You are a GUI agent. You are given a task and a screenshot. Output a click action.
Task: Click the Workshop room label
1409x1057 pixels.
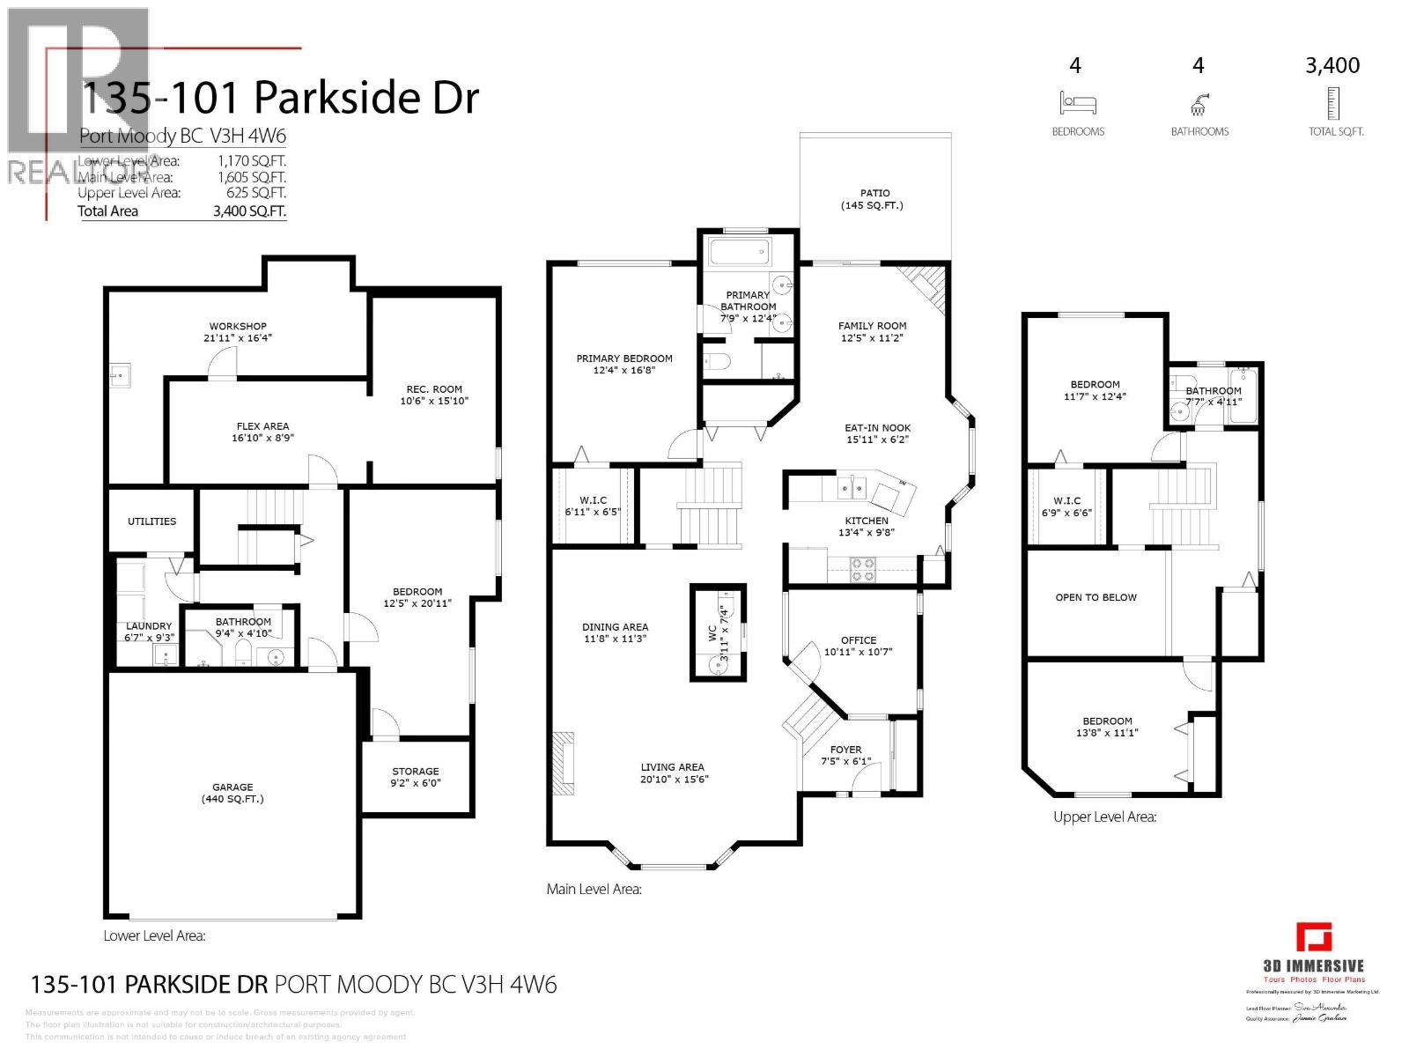[238, 327]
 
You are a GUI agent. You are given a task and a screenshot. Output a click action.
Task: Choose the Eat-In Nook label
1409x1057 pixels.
[877, 428]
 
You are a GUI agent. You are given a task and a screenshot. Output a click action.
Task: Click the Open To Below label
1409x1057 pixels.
[1095, 597]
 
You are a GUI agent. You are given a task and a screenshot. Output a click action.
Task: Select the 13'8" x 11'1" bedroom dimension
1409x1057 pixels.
[1107, 732]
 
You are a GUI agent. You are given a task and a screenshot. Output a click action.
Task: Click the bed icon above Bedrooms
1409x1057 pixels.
[1077, 103]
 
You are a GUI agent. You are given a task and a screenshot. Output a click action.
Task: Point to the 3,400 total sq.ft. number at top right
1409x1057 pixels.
[1332, 65]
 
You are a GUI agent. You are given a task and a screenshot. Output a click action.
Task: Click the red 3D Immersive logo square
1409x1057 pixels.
[1313, 937]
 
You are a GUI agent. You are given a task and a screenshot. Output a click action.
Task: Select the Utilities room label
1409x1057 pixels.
[151, 521]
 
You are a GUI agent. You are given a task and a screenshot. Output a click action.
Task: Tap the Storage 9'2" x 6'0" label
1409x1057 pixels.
[415, 777]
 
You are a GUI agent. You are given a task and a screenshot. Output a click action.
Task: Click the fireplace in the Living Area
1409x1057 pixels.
[564, 763]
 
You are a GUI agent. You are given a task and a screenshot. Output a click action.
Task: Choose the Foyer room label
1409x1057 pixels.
[845, 750]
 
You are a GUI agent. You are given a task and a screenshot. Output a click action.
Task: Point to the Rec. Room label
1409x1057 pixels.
[434, 388]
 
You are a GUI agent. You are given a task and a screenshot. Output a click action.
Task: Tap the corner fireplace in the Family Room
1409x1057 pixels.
[926, 287]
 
